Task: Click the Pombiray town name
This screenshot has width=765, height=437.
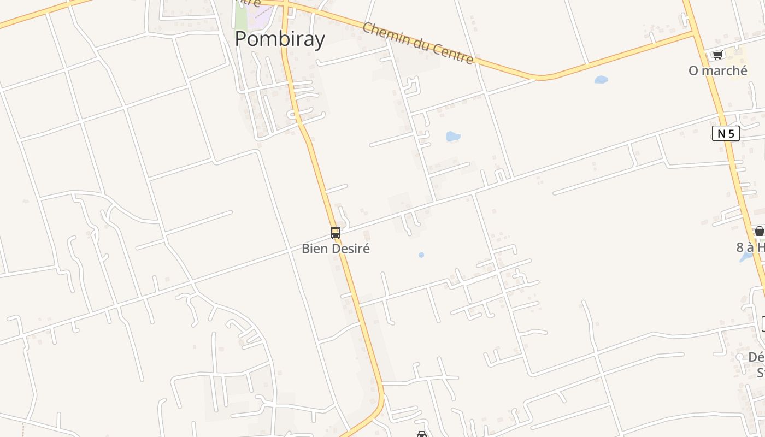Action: pyautogui.click(x=280, y=39)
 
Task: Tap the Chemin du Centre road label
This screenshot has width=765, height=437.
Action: pyautogui.click(x=418, y=43)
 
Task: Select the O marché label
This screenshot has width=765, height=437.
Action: pyautogui.click(x=717, y=70)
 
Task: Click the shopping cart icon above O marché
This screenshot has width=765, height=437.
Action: pyautogui.click(x=717, y=55)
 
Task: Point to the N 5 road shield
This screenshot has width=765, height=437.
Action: pyautogui.click(x=726, y=133)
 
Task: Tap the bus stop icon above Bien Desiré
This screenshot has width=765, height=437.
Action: pyautogui.click(x=336, y=232)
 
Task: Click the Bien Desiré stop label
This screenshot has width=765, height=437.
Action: pyautogui.click(x=336, y=249)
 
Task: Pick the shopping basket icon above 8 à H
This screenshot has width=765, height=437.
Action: pyautogui.click(x=759, y=231)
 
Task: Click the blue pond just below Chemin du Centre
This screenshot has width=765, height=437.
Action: pyautogui.click(x=601, y=80)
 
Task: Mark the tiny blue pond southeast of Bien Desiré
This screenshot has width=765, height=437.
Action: pyautogui.click(x=421, y=255)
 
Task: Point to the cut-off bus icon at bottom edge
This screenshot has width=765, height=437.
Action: pyautogui.click(x=421, y=434)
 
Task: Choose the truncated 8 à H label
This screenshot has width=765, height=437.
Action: pyautogui.click(x=750, y=247)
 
